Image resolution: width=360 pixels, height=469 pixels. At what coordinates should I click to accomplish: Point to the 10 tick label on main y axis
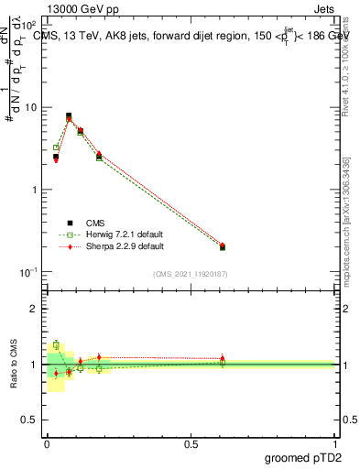(30, 107)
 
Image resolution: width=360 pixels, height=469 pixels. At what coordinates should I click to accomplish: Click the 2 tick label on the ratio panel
(35, 309)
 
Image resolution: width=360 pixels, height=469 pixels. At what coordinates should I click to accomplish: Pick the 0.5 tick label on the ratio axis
(30, 420)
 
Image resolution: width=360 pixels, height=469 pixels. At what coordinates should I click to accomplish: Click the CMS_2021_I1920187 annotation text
(191, 274)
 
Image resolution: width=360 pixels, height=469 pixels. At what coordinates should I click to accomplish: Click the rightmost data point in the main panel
(223, 246)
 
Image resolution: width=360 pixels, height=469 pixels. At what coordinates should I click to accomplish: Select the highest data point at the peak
(69, 116)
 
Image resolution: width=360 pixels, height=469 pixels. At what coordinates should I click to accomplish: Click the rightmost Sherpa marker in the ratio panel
(223, 358)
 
